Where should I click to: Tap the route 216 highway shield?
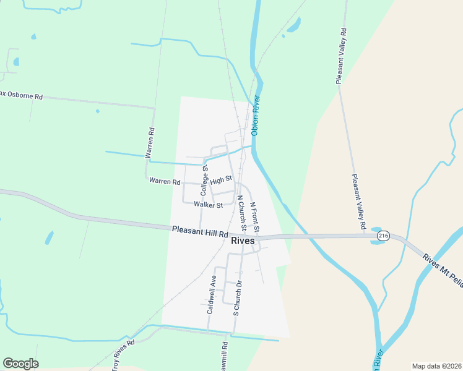[383, 236]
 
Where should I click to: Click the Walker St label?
[208, 204]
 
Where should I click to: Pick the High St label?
[220, 179]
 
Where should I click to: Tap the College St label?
[204, 181]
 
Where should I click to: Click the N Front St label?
[254, 216]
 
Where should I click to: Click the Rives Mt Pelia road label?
[443, 267]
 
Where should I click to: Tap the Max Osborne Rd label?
[22, 95]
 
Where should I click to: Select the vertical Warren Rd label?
[150, 143]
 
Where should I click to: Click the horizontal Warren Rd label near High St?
[164, 182]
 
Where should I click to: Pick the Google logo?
[20, 364]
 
